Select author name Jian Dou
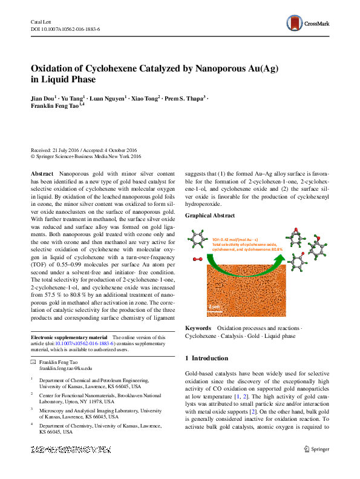coord(42,97)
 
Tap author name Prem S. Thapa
coord(184,97)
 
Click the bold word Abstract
coord(42,173)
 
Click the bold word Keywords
coord(198,328)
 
